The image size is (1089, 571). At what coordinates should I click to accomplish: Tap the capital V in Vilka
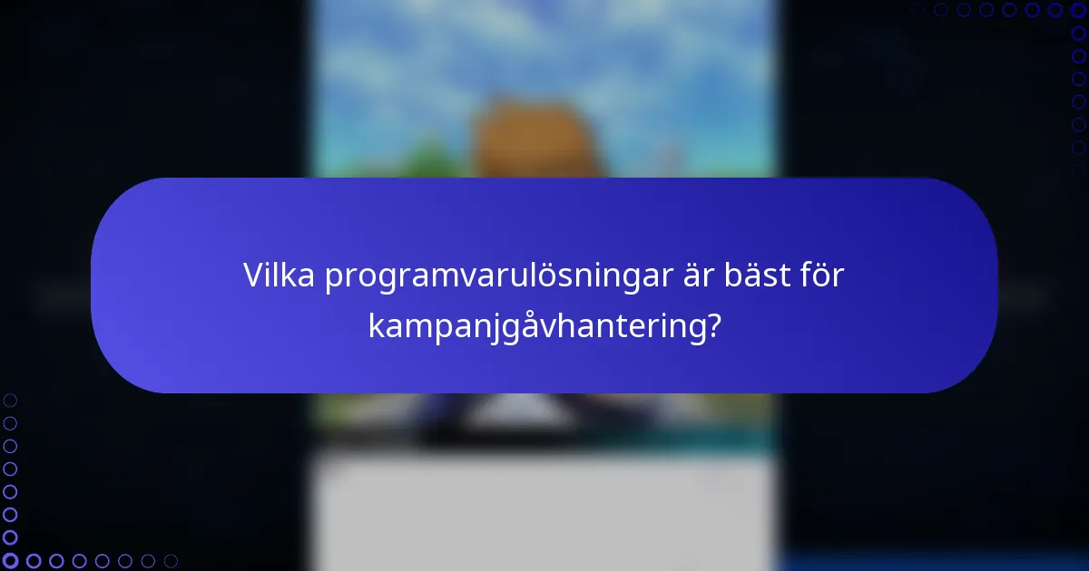tap(253, 276)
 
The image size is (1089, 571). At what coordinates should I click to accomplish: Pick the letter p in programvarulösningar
tap(333, 279)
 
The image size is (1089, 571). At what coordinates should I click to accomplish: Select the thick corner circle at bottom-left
tap(10, 561)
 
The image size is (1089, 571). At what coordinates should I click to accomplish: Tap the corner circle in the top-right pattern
tap(1078, 10)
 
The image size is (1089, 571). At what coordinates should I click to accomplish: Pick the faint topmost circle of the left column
tap(10, 400)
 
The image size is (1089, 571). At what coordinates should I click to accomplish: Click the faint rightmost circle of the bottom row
tap(171, 561)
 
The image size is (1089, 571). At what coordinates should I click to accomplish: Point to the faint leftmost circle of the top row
tap(917, 10)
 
